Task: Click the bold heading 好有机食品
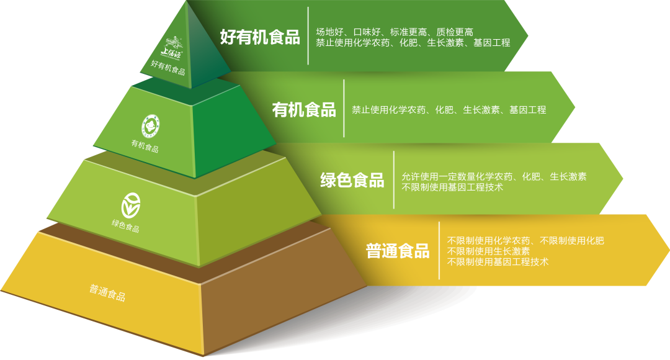pyautogui.click(x=260, y=37)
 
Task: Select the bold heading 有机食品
pyautogui.click(x=304, y=110)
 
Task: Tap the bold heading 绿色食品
pyautogui.click(x=352, y=181)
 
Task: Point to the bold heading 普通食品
pyautogui.click(x=398, y=251)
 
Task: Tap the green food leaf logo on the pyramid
pyautogui.click(x=131, y=204)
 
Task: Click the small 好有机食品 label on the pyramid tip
pyautogui.click(x=168, y=68)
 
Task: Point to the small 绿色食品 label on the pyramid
pyautogui.click(x=125, y=225)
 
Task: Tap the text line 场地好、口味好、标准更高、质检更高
pyautogui.click(x=395, y=32)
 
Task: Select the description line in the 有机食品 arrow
pyautogui.click(x=449, y=110)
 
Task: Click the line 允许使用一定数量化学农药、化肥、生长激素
pyautogui.click(x=494, y=176)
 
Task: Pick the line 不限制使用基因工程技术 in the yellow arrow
pyautogui.click(x=498, y=262)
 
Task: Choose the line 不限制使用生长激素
pyautogui.click(x=488, y=251)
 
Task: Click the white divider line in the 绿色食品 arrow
pyautogui.click(x=394, y=179)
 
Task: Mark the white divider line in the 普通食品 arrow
pyautogui.click(x=439, y=250)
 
